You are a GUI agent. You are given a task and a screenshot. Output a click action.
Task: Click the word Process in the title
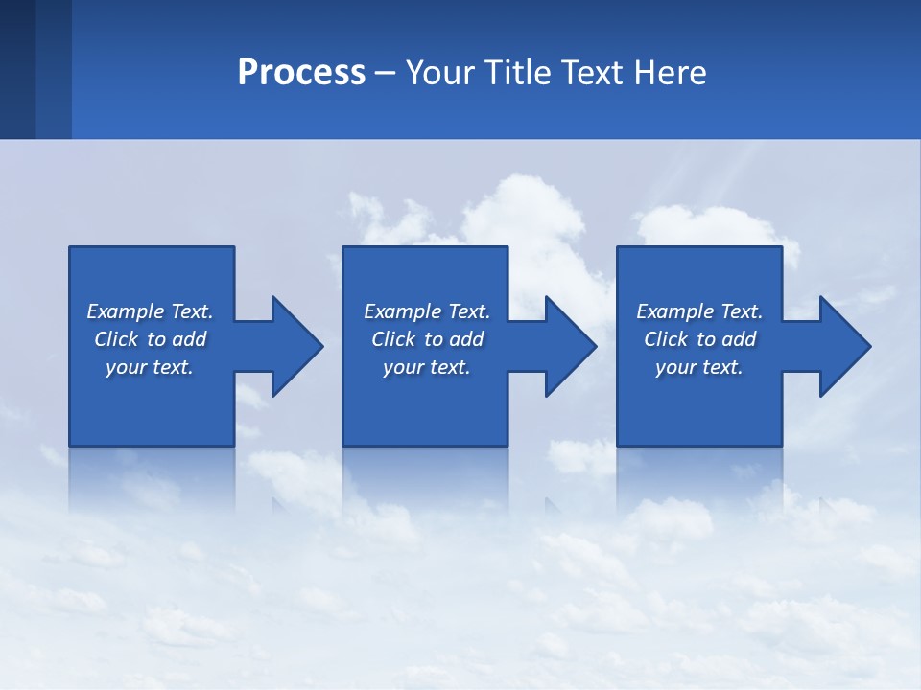click(x=301, y=73)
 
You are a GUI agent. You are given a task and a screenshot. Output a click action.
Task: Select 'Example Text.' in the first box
click(x=150, y=311)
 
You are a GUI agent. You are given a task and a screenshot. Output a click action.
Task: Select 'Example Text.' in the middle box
click(x=427, y=311)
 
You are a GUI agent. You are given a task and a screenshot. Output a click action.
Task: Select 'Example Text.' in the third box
click(x=699, y=311)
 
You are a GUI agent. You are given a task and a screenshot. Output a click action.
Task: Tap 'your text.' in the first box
click(x=150, y=367)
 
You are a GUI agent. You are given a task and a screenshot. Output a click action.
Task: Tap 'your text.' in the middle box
click(x=427, y=367)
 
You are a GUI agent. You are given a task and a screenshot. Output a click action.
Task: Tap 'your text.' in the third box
click(x=699, y=367)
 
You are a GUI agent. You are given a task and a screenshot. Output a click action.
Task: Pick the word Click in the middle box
click(x=393, y=339)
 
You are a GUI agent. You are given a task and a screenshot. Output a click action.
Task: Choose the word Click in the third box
click(x=666, y=339)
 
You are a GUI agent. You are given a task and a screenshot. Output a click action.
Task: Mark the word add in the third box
click(x=739, y=339)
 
